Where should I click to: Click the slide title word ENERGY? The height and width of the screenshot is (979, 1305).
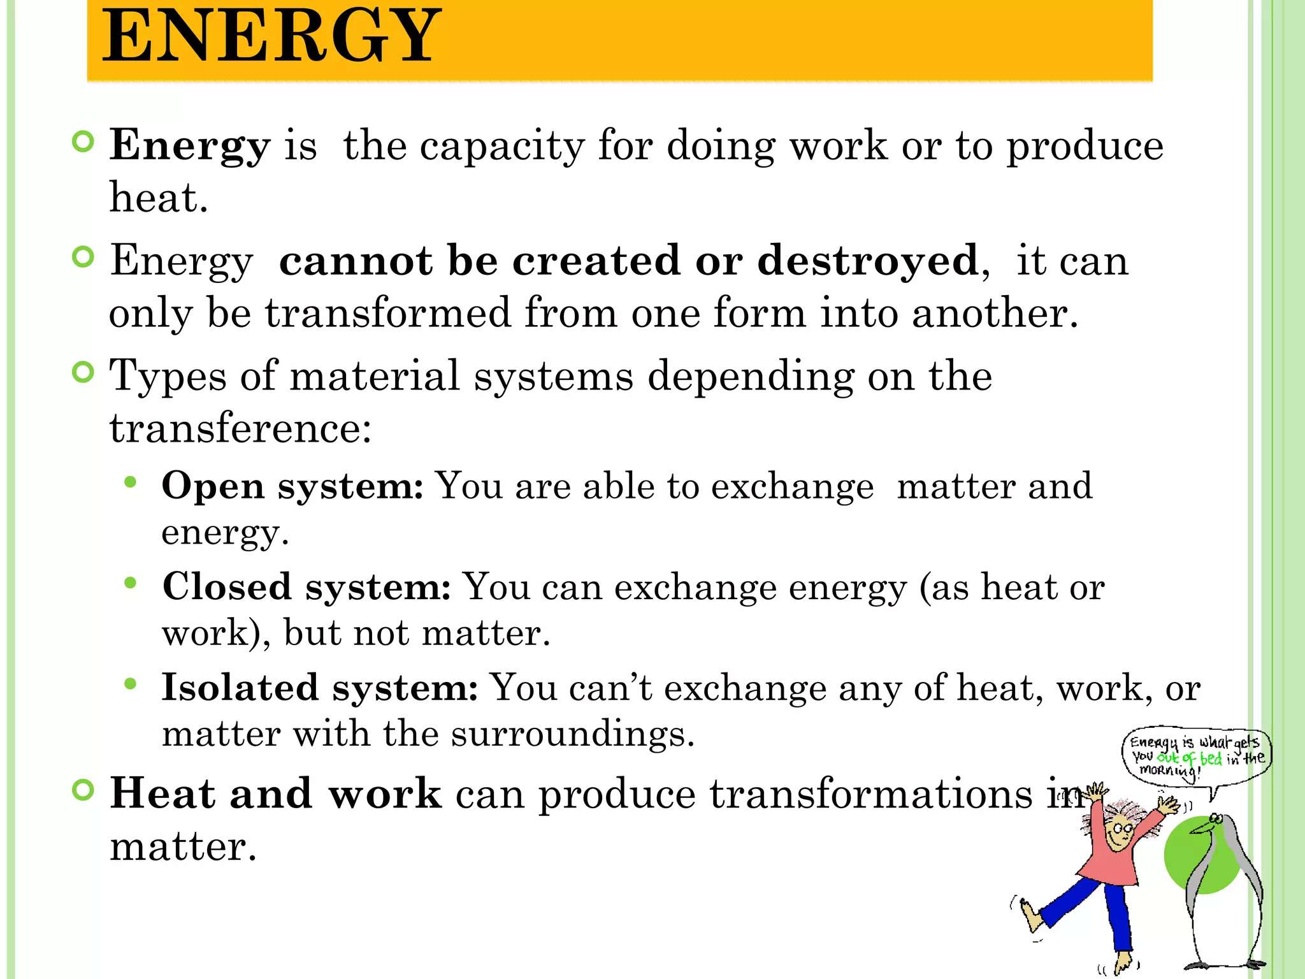(271, 37)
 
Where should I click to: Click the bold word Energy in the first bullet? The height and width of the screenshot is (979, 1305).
(190, 146)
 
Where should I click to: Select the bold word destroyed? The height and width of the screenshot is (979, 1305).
(868, 261)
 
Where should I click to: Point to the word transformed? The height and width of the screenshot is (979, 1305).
(387, 313)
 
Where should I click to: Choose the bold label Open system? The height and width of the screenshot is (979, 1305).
(292, 486)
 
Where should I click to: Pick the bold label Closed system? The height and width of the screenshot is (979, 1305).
(306, 587)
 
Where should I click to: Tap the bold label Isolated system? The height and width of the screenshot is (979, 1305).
(319, 688)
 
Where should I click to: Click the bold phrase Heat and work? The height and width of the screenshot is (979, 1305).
(275, 794)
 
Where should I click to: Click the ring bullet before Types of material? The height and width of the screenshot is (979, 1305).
(83, 372)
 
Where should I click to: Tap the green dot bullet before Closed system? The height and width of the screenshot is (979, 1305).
(131, 583)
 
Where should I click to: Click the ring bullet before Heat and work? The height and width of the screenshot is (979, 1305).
(83, 790)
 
